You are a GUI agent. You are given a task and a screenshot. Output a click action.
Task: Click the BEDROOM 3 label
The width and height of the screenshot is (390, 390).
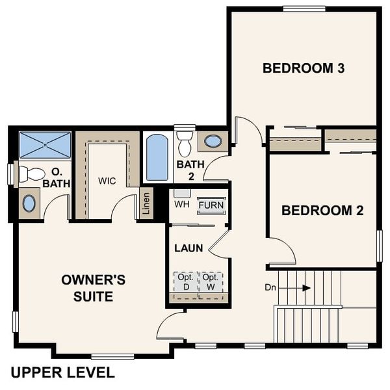coord(303,68)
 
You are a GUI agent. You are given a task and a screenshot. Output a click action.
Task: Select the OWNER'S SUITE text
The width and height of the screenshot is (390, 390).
coord(93,288)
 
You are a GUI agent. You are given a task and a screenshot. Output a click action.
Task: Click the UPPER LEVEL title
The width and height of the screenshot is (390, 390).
coord(62,372)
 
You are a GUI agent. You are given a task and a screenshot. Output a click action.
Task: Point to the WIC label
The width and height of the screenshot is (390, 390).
coord(107,181)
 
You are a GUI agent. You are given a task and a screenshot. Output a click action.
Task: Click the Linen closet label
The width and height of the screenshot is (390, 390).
coord(146,203)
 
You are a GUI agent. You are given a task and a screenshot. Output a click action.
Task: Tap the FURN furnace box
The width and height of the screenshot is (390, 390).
coord(211,205)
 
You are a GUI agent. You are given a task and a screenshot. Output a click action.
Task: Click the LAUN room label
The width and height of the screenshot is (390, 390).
coord(188,248)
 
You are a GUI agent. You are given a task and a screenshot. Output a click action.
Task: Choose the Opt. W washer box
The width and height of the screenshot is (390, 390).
coord(210,281)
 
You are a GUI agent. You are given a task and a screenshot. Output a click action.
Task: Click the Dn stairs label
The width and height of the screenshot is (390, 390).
coord(270,287)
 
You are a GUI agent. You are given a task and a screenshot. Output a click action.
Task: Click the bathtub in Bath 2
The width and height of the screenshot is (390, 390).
coord(157,157)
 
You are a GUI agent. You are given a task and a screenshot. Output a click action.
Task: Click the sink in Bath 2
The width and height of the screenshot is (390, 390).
coord(213,141)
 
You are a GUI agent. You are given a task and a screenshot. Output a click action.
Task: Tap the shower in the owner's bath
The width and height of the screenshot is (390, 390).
coord(45,144)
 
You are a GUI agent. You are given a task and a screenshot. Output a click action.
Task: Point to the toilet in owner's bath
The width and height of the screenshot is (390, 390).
coord(30,174)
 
